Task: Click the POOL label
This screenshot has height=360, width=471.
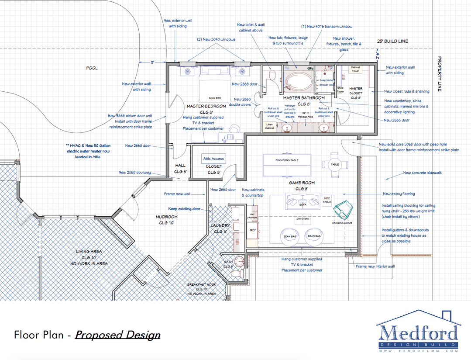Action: coord(92,68)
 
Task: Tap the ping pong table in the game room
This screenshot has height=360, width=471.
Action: coord(287,160)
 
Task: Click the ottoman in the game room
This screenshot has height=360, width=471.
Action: coord(303,219)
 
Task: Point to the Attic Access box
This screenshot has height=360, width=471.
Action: coord(213,159)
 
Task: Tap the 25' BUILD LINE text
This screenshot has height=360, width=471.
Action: coord(392,41)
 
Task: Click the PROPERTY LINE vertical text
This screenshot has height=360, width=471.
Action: coord(440,74)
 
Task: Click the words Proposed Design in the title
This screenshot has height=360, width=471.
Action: coord(117,335)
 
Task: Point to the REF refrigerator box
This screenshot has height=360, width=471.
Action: coord(253,230)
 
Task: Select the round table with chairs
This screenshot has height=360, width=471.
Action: coord(335,164)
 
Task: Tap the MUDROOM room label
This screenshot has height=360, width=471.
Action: coord(167,217)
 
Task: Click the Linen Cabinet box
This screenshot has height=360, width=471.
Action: coord(270,126)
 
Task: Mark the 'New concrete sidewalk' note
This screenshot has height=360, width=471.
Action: coord(422,173)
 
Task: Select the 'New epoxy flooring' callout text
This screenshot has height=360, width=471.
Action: coord(399,194)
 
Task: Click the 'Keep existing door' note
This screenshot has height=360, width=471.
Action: coord(184,209)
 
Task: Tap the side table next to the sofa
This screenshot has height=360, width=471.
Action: coord(327,200)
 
